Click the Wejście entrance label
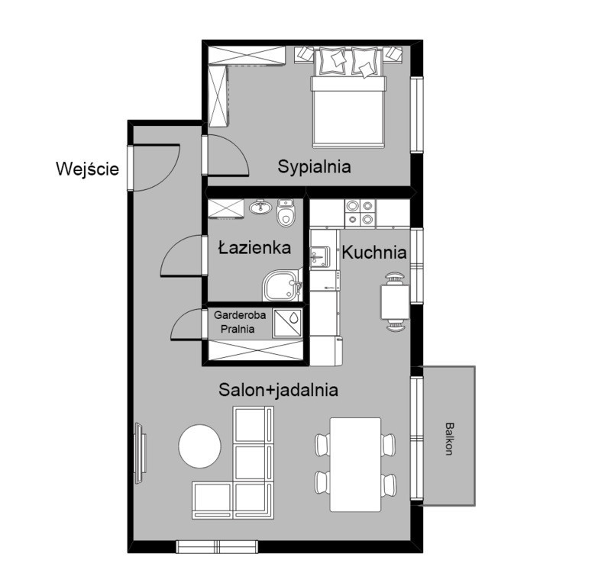click(x=87, y=169)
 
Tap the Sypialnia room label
click(x=314, y=167)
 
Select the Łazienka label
click(x=254, y=248)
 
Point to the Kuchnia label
click(x=374, y=253)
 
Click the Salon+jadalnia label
click(x=279, y=390)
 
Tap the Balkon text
click(x=449, y=439)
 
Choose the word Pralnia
click(x=238, y=329)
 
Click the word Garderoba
click(x=240, y=315)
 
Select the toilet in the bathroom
click(x=286, y=212)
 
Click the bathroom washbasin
click(x=260, y=207)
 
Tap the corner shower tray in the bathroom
click(x=283, y=285)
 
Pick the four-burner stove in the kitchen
click(x=360, y=213)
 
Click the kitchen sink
click(x=320, y=257)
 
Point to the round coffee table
click(x=199, y=446)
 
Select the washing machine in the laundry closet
click(x=288, y=324)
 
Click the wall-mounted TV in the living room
click(x=140, y=453)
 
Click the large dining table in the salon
click(x=356, y=465)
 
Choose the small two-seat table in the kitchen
click(x=395, y=302)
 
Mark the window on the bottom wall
click(x=217, y=546)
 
